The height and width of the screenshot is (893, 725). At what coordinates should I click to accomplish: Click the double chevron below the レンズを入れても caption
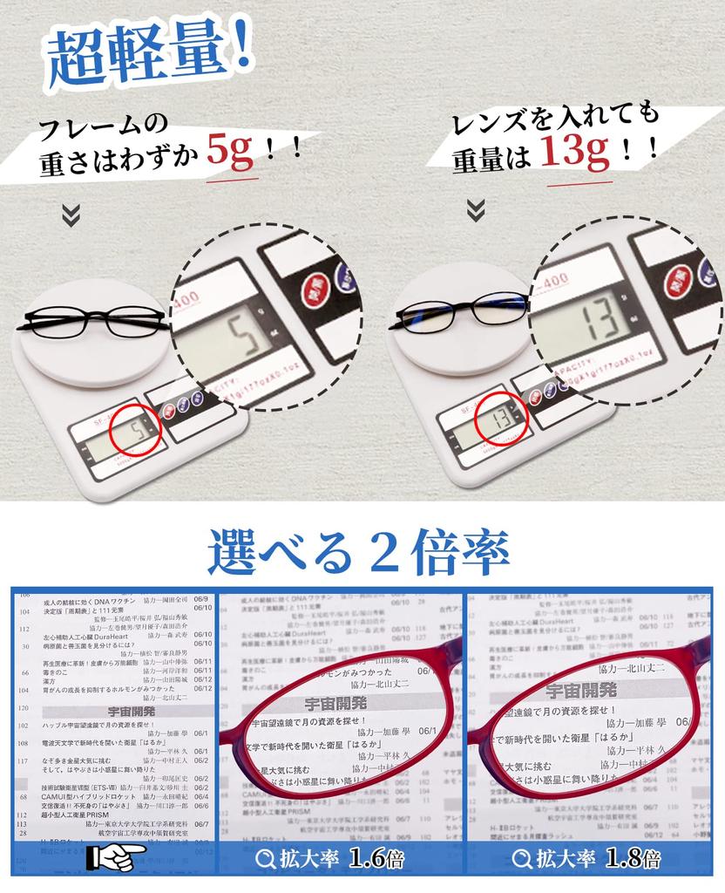click(x=475, y=209)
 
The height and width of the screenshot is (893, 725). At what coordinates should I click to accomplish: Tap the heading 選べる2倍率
click(x=358, y=551)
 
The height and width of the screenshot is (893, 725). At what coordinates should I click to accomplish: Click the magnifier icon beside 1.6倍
click(x=266, y=859)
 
